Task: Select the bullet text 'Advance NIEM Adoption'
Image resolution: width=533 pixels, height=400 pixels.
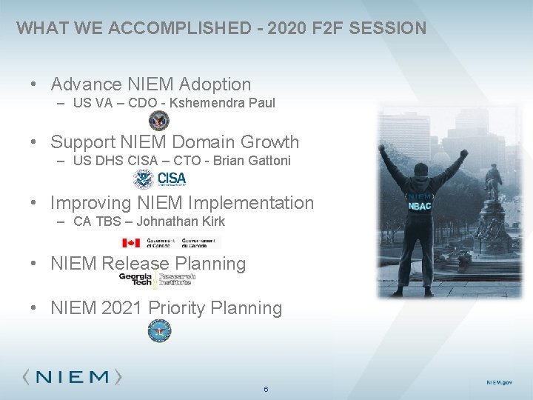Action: [151, 84]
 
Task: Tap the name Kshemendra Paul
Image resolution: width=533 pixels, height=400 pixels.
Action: [222, 103]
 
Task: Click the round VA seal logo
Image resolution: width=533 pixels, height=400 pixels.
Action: [158, 121]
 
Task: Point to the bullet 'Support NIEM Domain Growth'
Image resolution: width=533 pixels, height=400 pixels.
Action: [175, 141]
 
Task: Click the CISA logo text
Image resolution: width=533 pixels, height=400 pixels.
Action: [172, 179]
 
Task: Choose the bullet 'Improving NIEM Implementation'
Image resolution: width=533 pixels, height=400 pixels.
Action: [182, 202]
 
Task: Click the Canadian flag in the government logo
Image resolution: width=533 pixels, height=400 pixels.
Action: [131, 243]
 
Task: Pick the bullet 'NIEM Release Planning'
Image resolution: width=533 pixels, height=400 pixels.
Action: [148, 263]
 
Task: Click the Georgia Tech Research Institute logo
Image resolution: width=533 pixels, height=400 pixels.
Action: [155, 279]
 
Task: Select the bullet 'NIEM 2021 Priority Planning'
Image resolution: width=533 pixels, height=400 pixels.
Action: [166, 307]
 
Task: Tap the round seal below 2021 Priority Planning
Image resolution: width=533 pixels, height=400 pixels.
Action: [158, 332]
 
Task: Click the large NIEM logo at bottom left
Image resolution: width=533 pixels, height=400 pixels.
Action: [73, 376]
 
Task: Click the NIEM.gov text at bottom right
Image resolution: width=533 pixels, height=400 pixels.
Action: [498, 381]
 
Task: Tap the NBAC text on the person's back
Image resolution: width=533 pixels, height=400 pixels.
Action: [420, 205]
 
